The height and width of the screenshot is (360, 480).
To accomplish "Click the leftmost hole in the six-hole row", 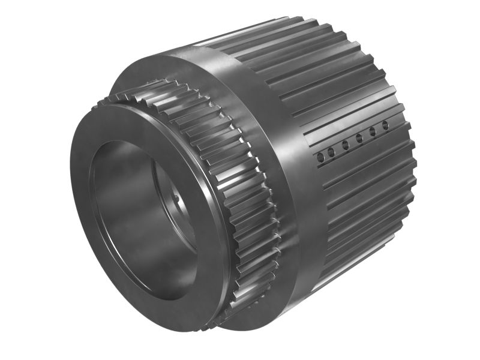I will tap(320, 157).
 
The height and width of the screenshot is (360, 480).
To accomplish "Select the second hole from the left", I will tap(332, 151).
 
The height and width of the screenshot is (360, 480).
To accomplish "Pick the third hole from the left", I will tap(346, 145).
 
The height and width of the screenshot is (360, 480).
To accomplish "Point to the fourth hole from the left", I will tap(359, 139).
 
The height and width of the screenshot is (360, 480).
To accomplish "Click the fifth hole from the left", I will tap(373, 132).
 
